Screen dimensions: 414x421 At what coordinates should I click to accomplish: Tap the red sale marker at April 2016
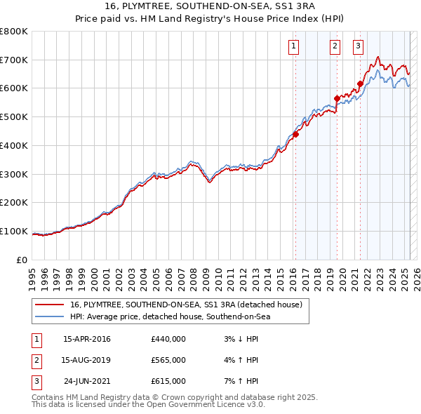pos(295,134)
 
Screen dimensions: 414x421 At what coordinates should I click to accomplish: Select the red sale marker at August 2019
pos(337,98)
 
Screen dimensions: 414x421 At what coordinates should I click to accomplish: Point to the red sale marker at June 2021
pos(360,84)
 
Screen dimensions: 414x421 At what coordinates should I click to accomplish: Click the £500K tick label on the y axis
pos(15,117)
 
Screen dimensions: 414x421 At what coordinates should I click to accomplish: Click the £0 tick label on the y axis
pos(22,260)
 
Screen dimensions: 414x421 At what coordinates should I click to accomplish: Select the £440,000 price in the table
pos(168,340)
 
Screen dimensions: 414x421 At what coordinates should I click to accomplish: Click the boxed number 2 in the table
pos(34,360)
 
